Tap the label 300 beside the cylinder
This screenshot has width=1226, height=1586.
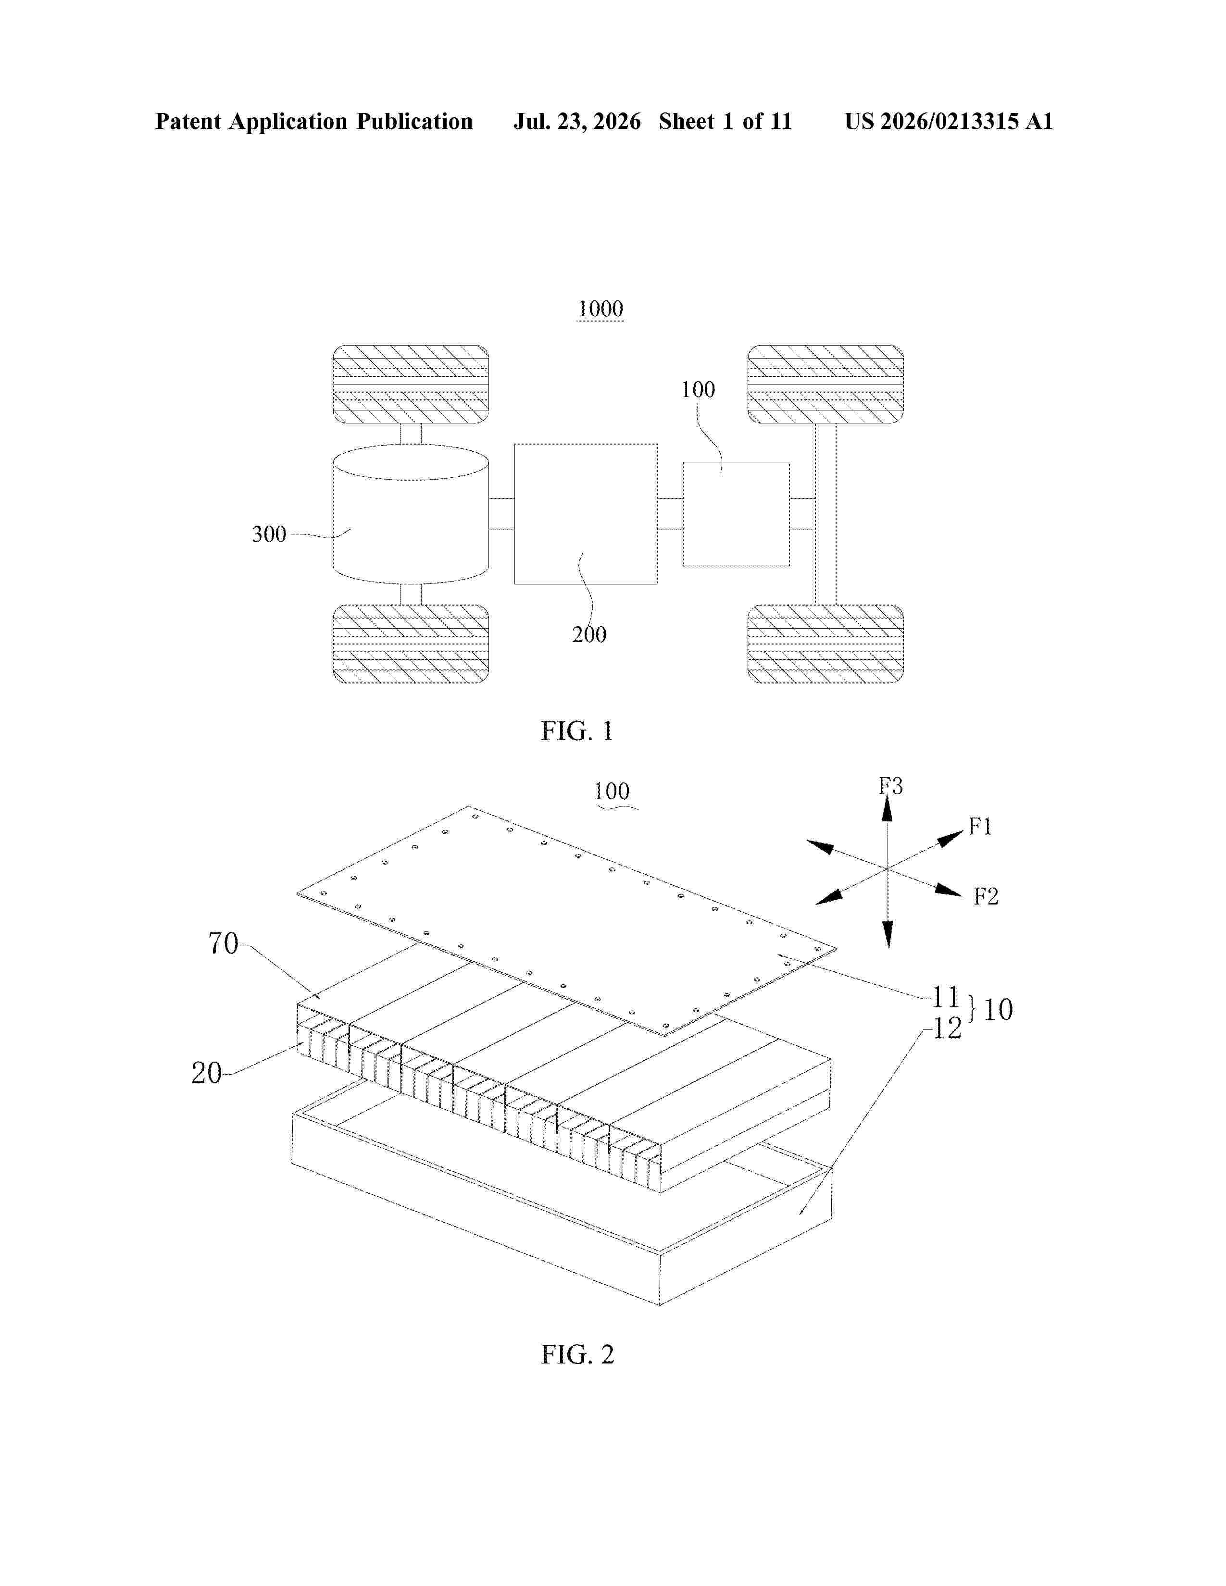[269, 534]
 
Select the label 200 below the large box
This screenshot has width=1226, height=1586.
[589, 635]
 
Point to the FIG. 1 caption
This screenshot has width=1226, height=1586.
[577, 731]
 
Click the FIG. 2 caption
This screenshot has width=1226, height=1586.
[577, 1354]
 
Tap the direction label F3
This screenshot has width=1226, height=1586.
[891, 786]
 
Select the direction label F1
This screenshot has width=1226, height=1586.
[980, 827]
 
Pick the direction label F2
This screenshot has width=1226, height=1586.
[986, 897]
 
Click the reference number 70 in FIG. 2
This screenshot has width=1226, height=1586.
[223, 943]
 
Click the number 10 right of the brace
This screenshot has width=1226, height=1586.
[999, 1009]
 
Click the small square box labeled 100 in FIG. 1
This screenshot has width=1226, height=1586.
[736, 514]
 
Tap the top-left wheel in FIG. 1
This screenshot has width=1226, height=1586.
[411, 384]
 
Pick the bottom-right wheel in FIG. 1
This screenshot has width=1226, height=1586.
[826, 644]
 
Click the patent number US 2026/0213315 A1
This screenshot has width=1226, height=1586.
[949, 121]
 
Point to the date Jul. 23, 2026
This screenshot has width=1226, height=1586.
[577, 121]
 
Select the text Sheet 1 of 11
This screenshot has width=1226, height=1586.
[726, 121]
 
